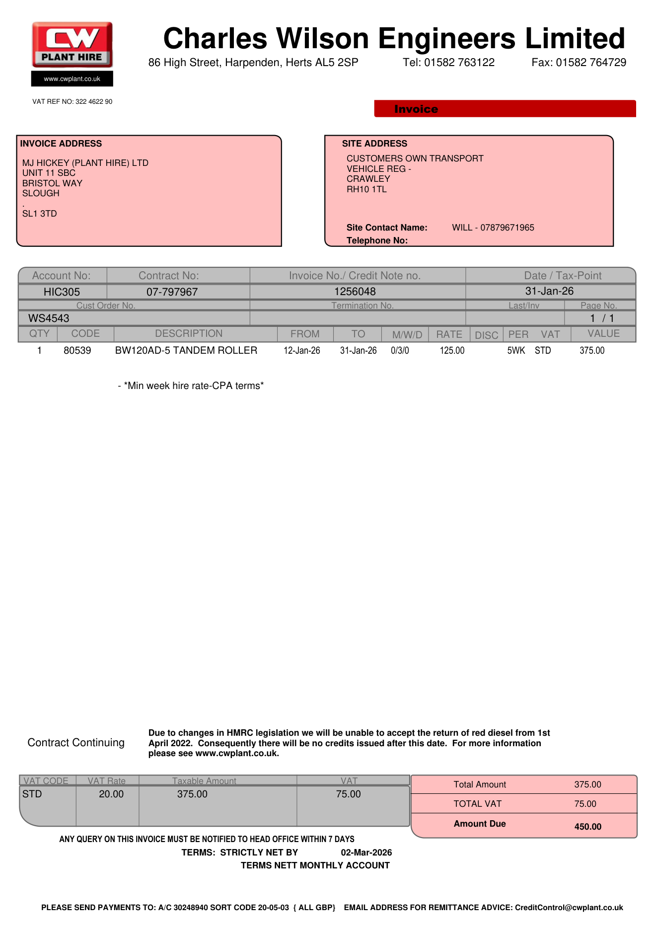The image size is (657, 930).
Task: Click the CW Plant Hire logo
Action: [x=73, y=45]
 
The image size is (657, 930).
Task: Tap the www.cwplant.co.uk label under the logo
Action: [x=72, y=79]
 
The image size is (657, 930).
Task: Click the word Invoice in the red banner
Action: [x=416, y=109]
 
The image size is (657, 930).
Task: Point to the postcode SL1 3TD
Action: [x=40, y=214]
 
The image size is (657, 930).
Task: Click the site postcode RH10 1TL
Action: [x=366, y=189]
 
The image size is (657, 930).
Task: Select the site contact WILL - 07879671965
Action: [x=493, y=228]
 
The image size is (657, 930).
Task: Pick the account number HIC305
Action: [x=62, y=292]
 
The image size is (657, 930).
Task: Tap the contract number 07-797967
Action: [x=172, y=292]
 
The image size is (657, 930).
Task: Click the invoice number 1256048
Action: [x=355, y=292]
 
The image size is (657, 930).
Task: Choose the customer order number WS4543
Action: [x=49, y=318]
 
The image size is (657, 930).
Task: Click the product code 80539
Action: [x=77, y=351]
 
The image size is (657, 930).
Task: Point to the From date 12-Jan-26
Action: [x=302, y=351]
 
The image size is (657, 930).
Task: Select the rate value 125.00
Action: [x=452, y=351]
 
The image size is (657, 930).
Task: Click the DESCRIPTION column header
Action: [x=189, y=334]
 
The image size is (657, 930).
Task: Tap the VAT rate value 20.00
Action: [x=111, y=794]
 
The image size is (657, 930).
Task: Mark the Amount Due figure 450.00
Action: [x=587, y=827]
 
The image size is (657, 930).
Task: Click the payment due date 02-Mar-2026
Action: [x=366, y=852]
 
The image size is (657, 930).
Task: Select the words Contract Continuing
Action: [x=76, y=743]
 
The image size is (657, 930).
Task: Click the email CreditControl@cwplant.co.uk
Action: [x=569, y=908]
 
